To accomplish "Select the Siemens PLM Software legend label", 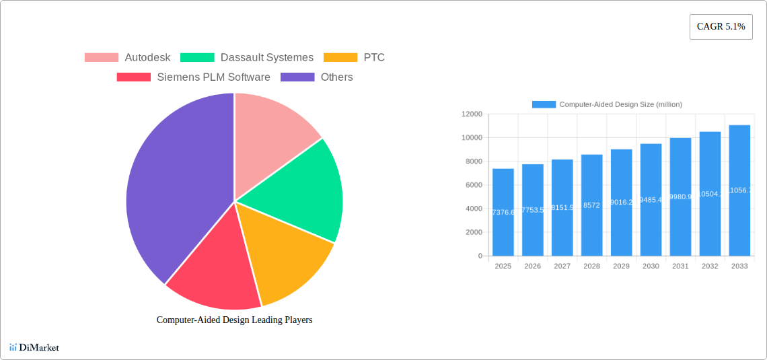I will (x=213, y=77).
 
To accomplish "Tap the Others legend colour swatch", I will (x=297, y=77).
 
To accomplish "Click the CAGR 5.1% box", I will (x=721, y=27).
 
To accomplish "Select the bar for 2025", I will (x=503, y=212).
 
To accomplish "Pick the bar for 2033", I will (x=739, y=190).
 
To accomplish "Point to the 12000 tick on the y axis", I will (x=472, y=114).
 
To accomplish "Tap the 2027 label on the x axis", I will (x=562, y=266).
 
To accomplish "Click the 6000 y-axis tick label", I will (x=474, y=185).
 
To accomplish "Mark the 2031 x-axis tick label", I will (x=680, y=266).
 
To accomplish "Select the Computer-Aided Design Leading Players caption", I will (x=234, y=320).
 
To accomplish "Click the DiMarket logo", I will (x=34, y=348).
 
